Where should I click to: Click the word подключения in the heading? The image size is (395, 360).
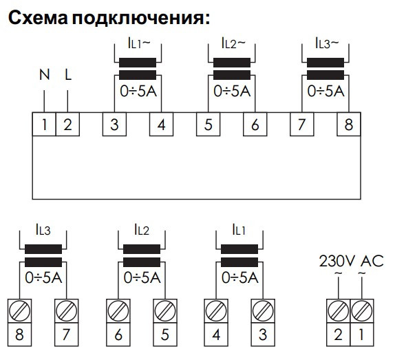144,19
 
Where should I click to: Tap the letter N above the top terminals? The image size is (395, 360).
44,74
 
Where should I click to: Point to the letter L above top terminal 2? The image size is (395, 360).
67,74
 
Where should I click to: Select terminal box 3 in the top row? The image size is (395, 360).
114,125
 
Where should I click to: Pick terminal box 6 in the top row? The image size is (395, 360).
255,125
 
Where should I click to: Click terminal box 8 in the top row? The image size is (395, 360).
348,125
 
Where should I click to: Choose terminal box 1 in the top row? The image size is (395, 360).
44,125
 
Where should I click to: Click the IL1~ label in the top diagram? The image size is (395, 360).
138,43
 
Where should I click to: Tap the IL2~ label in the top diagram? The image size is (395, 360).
232,43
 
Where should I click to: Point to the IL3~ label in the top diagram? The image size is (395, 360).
326,43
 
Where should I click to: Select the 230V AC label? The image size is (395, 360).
351,261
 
